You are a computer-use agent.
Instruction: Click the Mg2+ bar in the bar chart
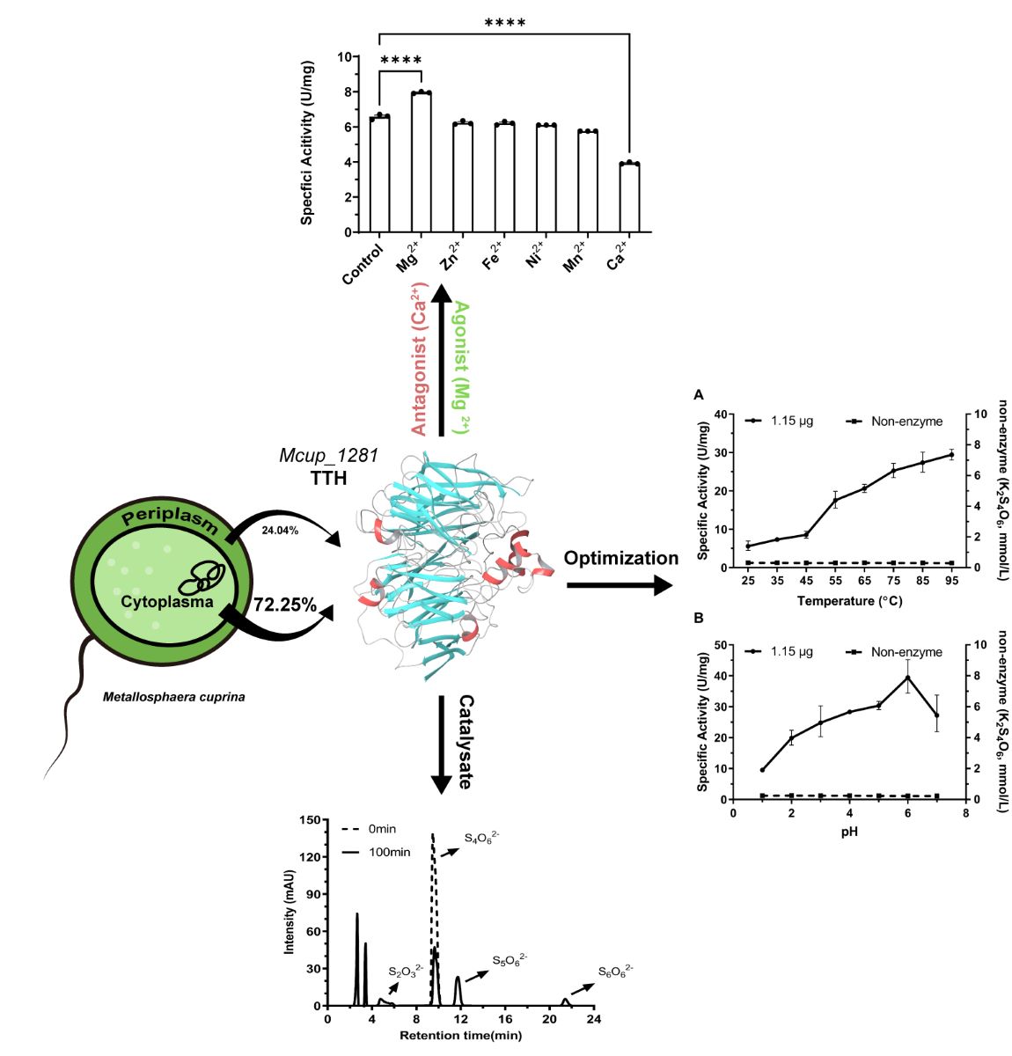[421, 163]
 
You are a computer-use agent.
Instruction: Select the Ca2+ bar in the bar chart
[629, 198]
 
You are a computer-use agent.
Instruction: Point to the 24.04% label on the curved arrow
[280, 531]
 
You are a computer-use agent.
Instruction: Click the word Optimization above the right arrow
[620, 558]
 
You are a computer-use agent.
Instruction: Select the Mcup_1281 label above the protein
[329, 456]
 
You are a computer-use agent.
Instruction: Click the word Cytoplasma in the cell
[167, 602]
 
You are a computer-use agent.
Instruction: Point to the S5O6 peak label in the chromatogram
[510, 960]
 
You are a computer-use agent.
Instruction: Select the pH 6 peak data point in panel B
[908, 677]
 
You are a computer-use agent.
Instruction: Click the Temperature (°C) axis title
[849, 602]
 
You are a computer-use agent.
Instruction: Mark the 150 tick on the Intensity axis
[310, 820]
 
